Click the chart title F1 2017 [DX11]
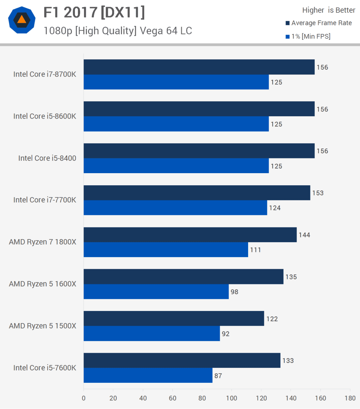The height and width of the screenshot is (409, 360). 94,13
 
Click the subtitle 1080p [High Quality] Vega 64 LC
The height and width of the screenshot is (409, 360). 118,31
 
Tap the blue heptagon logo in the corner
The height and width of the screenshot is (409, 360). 22,20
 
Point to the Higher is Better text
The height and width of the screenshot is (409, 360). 328,10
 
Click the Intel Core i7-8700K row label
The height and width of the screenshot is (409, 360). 45,74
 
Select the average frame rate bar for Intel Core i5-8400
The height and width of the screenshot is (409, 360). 199,151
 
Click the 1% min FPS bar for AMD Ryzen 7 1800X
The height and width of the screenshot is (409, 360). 166,250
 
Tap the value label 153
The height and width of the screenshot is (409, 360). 318,193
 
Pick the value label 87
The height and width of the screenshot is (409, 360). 218,376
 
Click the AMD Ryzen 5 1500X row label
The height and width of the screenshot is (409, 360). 42,326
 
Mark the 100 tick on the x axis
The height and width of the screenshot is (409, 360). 232,398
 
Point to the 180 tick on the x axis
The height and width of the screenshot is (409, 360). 350,398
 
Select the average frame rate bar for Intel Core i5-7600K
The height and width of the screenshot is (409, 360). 182,360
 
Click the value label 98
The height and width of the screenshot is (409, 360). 234,292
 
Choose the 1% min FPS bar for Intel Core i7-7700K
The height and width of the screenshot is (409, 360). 175,208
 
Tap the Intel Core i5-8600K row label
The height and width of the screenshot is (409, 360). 45,116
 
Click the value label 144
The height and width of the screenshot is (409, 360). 304,235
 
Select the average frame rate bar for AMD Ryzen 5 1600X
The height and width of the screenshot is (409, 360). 183,277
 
